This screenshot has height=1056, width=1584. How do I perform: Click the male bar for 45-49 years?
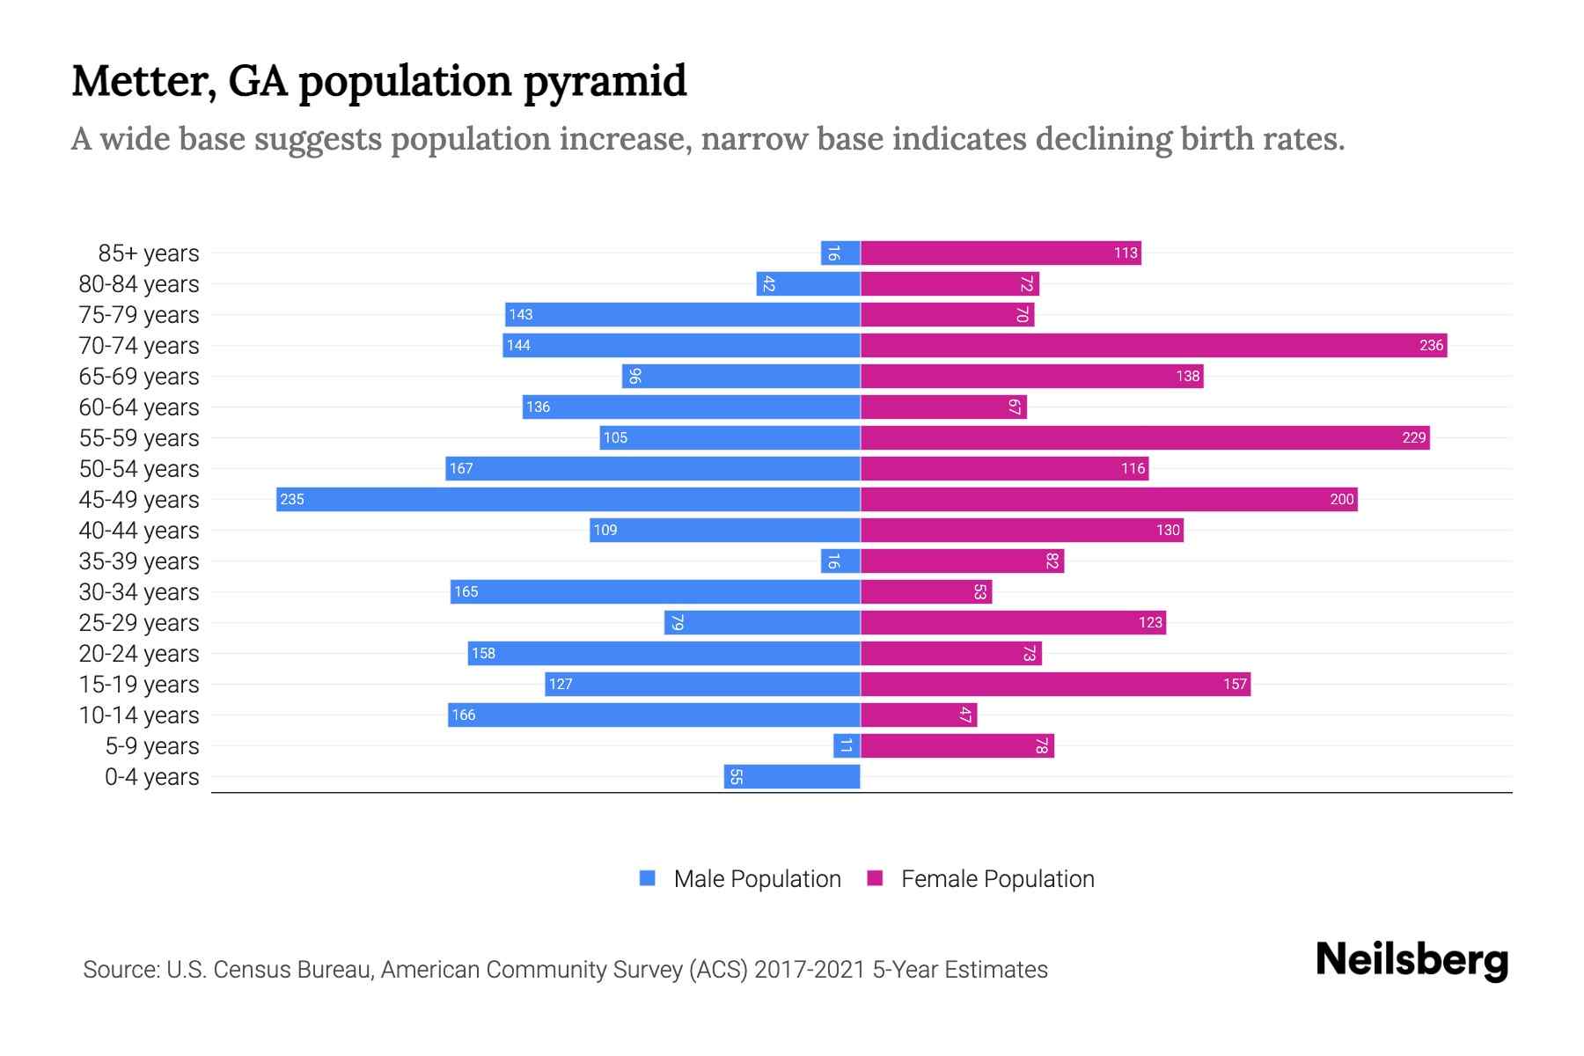pyautogui.click(x=568, y=499)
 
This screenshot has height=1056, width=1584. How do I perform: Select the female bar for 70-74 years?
pyautogui.click(x=1153, y=345)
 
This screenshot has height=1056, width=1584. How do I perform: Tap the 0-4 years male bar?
pyautogui.click(x=792, y=776)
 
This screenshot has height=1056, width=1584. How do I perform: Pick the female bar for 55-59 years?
pyautogui.click(x=1144, y=437)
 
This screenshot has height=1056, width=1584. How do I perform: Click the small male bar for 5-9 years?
pyautogui.click(x=847, y=745)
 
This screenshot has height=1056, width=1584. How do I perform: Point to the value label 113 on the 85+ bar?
pyautogui.click(x=1126, y=253)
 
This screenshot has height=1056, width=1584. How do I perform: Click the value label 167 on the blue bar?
pyautogui.click(x=461, y=468)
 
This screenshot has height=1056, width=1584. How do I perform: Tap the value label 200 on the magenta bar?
pyautogui.click(x=1341, y=499)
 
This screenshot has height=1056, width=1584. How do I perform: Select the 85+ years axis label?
pyautogui.click(x=148, y=253)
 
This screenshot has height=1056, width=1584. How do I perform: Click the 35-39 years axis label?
pyautogui.click(x=139, y=561)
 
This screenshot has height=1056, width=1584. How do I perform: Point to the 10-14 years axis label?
pyautogui.click(x=139, y=715)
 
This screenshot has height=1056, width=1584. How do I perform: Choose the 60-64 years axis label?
pyautogui.click(x=139, y=407)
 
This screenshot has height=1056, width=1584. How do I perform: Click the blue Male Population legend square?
pyautogui.click(x=648, y=878)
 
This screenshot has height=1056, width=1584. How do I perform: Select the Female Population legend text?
pyautogui.click(x=997, y=878)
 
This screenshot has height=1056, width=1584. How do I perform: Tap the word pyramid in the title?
pyautogui.click(x=605, y=81)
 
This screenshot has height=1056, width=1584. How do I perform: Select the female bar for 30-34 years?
pyautogui.click(x=926, y=591)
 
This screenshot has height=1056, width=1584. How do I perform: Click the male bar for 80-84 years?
pyautogui.click(x=808, y=283)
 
